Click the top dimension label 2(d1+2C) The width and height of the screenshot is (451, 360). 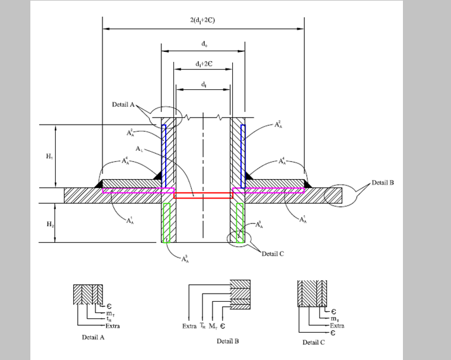[203, 20]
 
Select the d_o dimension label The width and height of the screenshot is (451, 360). [203, 44]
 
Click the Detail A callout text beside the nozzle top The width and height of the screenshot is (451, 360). [124, 104]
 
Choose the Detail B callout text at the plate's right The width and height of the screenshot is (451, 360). [383, 183]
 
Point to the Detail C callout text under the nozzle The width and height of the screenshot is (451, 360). [273, 253]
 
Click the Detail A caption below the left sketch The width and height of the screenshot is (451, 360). [94, 337]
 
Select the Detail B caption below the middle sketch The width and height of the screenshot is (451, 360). [228, 341]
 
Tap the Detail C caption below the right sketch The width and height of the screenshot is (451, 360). [314, 342]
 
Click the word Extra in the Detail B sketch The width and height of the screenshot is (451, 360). [189, 326]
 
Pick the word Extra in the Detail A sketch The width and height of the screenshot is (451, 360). [112, 326]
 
